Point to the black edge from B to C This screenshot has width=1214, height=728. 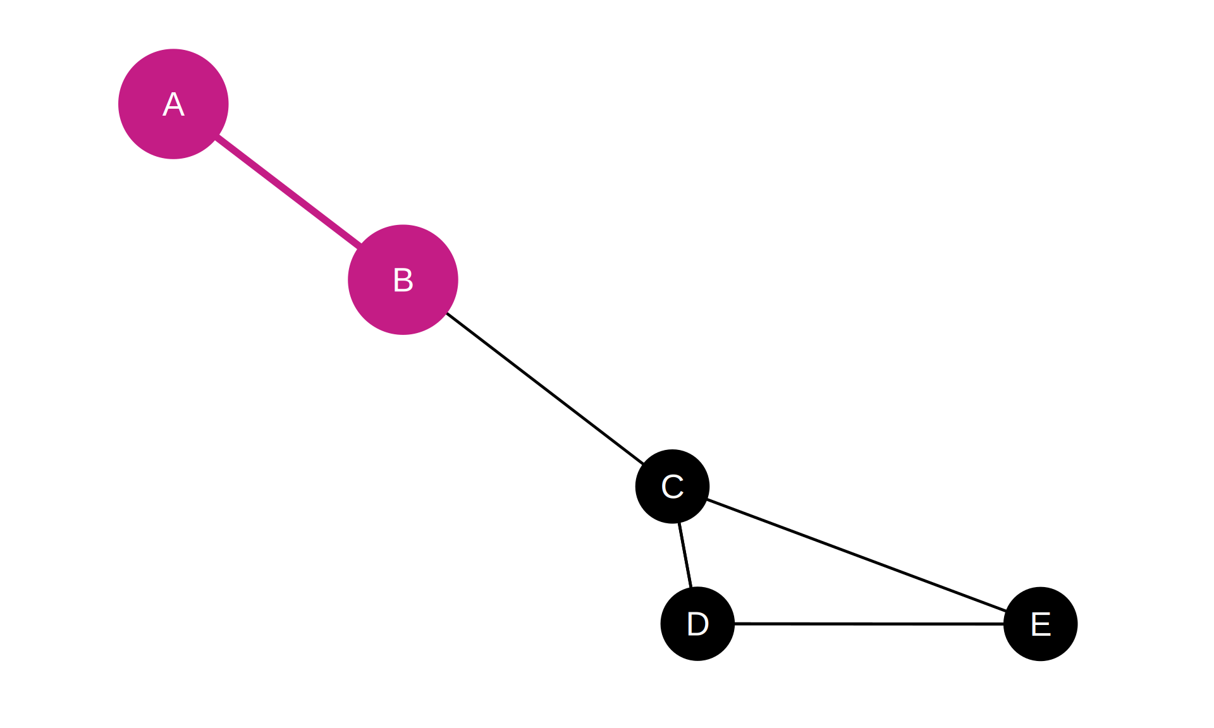[x=545, y=389]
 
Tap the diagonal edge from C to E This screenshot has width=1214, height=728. [x=857, y=555]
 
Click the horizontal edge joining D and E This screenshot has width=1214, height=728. [x=869, y=624]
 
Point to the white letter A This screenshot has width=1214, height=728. [x=173, y=104]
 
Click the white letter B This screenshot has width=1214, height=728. [x=403, y=280]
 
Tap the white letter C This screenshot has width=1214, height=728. [x=672, y=487]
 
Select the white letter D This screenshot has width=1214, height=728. [x=697, y=624]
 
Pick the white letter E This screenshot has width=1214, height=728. [x=1041, y=624]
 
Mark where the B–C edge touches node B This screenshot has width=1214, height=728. [x=447, y=313]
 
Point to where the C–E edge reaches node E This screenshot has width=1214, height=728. [x=1006, y=611]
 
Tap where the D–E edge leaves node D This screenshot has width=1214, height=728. [x=735, y=624]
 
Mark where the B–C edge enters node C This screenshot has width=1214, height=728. [x=643, y=464]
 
